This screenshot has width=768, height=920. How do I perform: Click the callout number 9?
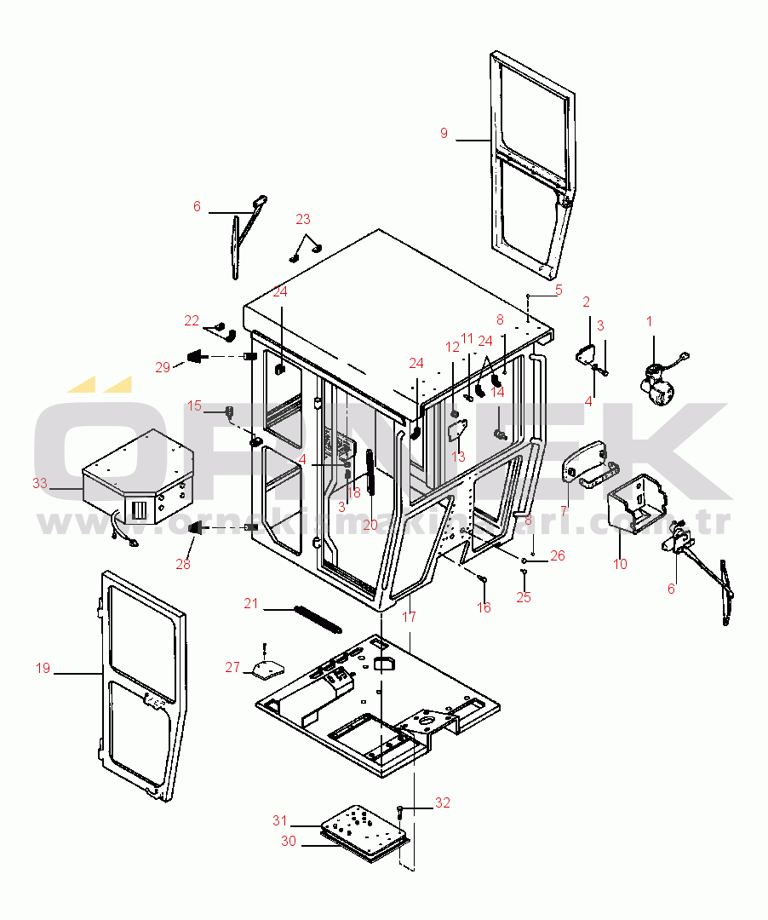tap(444, 133)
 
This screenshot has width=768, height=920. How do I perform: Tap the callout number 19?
tap(43, 668)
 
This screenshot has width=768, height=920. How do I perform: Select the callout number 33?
tap(39, 483)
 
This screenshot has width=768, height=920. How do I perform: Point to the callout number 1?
tap(649, 321)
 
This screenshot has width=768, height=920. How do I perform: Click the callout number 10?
tap(620, 564)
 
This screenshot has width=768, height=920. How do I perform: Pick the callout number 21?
tap(251, 603)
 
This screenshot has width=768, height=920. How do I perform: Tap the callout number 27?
tap(232, 667)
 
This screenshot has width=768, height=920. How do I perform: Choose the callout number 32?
tap(443, 802)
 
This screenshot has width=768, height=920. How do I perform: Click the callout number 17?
tap(410, 617)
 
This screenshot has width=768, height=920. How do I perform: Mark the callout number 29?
tap(163, 367)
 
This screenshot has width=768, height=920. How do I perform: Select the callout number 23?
tap(303, 219)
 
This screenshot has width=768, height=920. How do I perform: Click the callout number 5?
tap(559, 290)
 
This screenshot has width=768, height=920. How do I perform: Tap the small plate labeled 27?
tap(267, 670)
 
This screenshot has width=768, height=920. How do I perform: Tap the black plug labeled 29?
tap(197, 356)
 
